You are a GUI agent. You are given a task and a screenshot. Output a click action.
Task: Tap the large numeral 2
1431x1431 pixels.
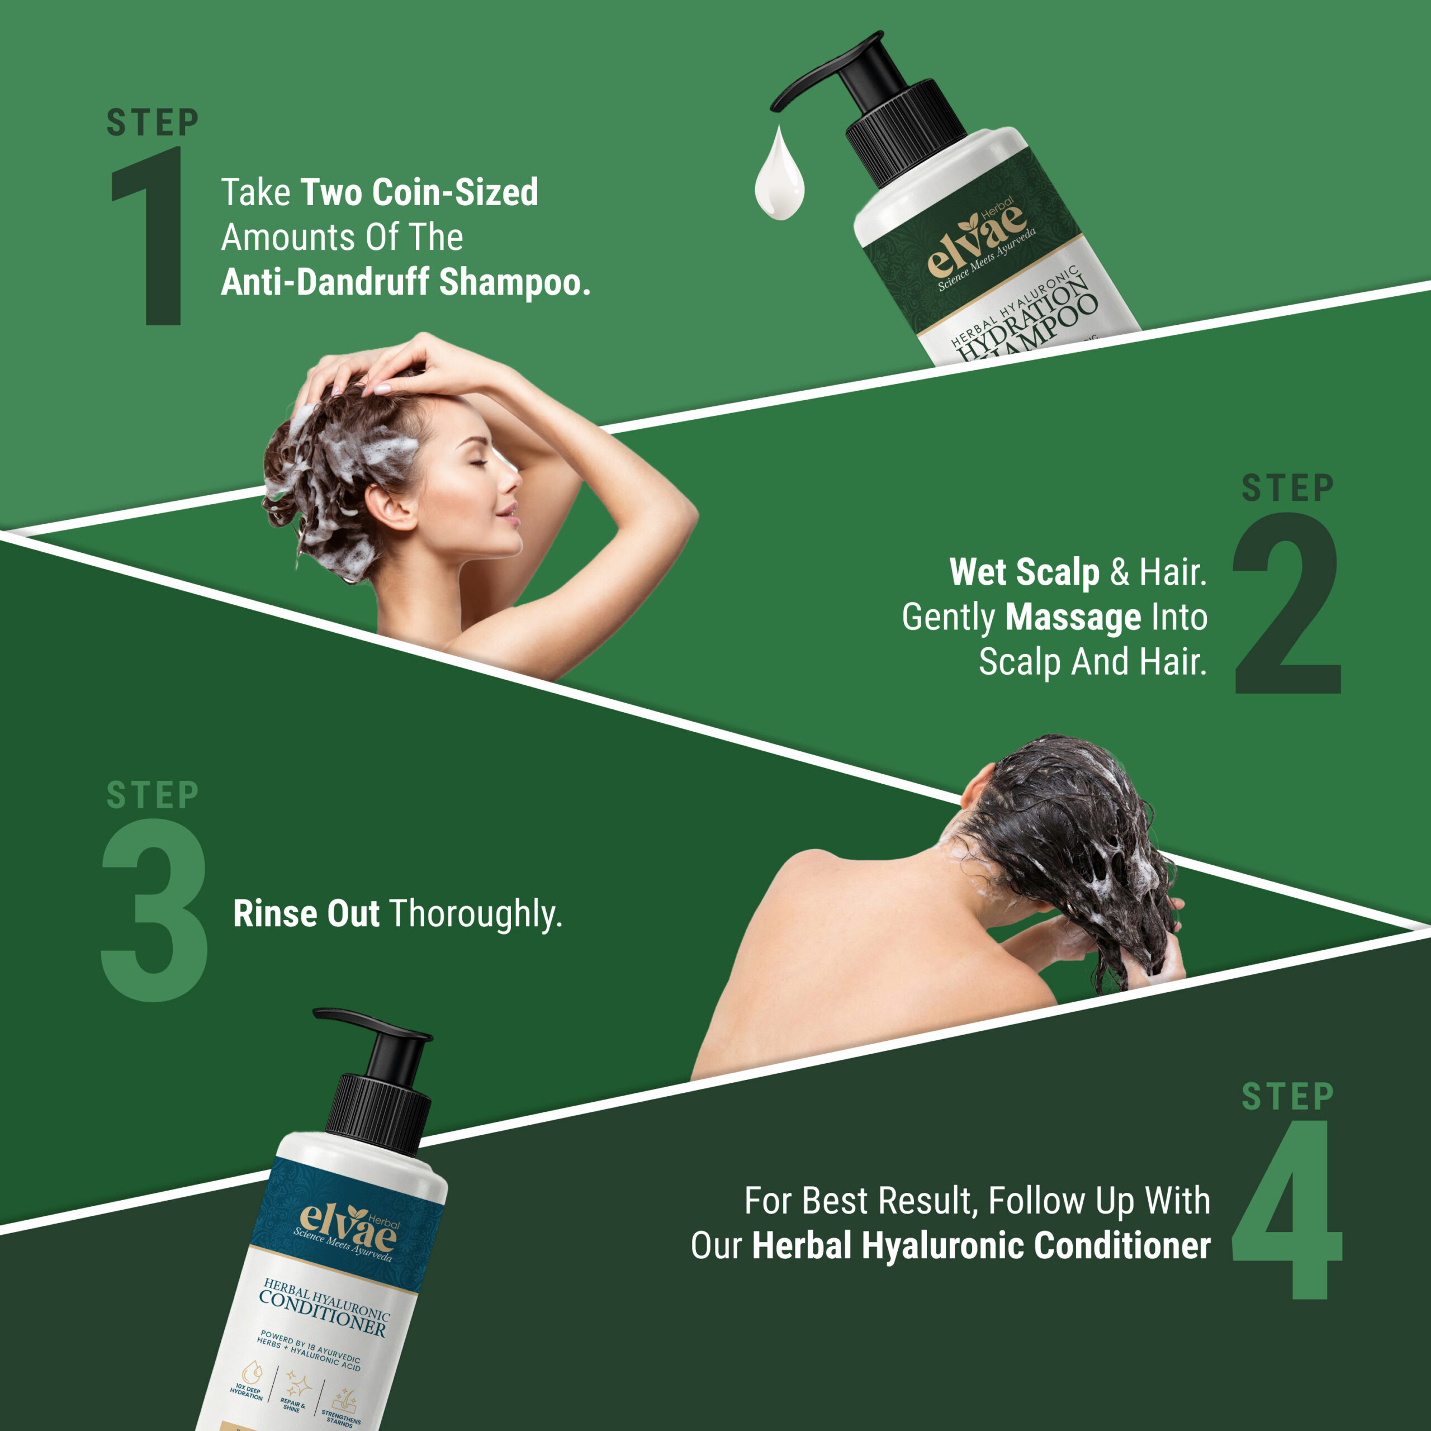[x=1287, y=604]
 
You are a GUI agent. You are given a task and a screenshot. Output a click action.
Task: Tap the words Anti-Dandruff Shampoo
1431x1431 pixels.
[x=405, y=282]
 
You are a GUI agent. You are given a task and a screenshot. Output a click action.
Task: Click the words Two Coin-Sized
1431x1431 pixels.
[x=419, y=193]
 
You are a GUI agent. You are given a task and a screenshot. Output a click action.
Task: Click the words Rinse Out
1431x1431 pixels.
[x=306, y=913]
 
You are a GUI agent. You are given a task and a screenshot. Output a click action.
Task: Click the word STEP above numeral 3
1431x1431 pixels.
[x=153, y=795]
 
